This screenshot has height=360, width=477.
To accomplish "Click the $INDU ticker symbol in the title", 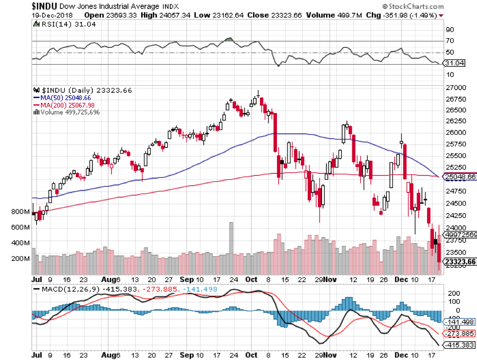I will (x=16, y=6).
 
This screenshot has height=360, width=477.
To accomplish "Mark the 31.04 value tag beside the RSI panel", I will (x=452, y=63).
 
